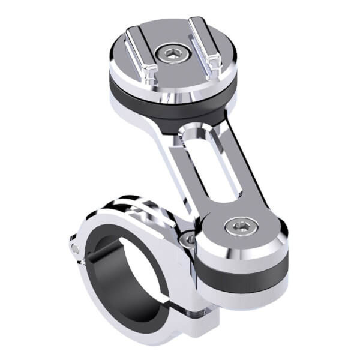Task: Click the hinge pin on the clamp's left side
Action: (x=74, y=247)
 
